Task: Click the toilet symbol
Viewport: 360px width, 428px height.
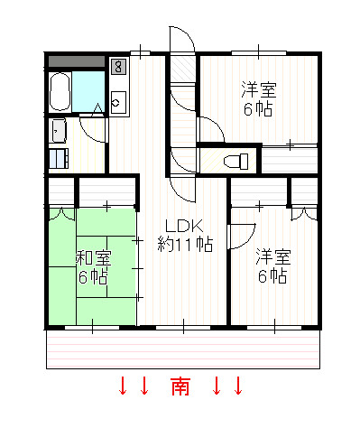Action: (236, 162)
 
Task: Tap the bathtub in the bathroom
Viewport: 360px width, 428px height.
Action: (60, 92)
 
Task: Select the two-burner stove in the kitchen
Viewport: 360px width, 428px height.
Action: (118, 67)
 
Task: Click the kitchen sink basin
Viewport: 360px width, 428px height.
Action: (118, 102)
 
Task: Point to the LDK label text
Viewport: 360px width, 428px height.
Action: (185, 226)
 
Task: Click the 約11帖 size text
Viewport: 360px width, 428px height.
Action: (185, 244)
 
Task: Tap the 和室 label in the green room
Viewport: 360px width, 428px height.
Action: (94, 258)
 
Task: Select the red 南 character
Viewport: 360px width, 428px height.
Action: (180, 386)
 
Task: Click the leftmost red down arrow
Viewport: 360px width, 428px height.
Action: (123, 386)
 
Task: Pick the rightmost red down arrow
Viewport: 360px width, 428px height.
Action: (238, 386)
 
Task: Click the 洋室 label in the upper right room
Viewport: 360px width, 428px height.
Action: (259, 89)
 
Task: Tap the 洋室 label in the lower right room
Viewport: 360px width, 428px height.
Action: (273, 256)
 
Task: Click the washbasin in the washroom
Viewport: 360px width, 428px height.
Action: (59, 131)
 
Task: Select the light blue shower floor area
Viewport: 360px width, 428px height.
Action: (88, 91)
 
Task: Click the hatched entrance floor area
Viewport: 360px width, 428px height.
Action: (182, 70)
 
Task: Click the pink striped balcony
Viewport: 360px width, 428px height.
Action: (183, 349)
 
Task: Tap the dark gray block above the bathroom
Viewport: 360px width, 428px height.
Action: (77, 61)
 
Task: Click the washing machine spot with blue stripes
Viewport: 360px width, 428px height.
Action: (59, 158)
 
